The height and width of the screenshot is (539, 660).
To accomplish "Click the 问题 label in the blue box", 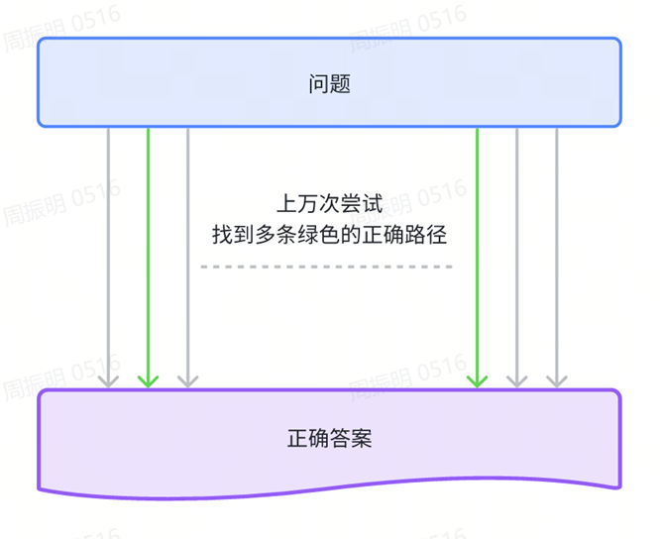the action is click(330, 84).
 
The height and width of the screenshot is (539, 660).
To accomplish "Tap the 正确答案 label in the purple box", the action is click(330, 438).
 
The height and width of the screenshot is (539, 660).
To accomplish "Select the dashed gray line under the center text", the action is click(326, 267).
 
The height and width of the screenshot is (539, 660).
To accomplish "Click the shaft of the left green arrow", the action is click(148, 248).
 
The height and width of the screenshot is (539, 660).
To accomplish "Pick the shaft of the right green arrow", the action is click(478, 248).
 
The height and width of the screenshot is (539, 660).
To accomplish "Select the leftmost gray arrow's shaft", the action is click(108, 248).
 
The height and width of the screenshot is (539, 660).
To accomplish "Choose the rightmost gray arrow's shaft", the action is click(557, 248).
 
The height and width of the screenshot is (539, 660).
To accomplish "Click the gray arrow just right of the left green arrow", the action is click(187, 248).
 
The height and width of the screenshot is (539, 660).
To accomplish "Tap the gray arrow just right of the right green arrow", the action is click(517, 248).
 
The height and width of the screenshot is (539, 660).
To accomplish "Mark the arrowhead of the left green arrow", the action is click(148, 379).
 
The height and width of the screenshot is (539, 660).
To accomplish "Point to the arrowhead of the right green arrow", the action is click(478, 379).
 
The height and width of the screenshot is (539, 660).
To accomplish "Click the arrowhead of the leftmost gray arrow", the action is click(108, 379).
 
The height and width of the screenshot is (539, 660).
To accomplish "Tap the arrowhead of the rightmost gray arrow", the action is click(557, 379).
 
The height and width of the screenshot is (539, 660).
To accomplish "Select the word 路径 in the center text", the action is click(427, 236).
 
